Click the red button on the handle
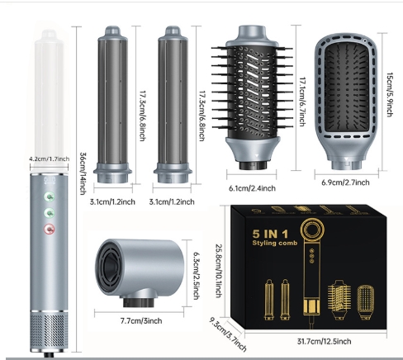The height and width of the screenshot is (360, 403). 50,229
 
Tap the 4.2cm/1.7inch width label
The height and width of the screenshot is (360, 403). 50,159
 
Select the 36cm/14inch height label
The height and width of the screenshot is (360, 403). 83,173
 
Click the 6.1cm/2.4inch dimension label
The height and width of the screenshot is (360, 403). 252,188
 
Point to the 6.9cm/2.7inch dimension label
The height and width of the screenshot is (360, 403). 345,182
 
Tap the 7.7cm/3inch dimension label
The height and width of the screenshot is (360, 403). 141,320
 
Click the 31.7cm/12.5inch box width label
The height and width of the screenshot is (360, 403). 324,341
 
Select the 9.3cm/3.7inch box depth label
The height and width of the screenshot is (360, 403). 228,334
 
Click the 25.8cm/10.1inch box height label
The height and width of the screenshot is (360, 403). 218,271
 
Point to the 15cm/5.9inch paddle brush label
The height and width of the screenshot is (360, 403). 390,95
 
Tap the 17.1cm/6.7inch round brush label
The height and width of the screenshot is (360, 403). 302,102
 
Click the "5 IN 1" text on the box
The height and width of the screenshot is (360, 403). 270,234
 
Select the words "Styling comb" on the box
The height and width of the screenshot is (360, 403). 275,243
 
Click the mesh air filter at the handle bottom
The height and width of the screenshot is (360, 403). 49,332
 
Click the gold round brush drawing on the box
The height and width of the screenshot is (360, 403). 339,299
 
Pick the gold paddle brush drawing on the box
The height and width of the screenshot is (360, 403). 366,302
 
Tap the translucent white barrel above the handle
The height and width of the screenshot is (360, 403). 49,101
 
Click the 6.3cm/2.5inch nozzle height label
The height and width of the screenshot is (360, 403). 196,276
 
